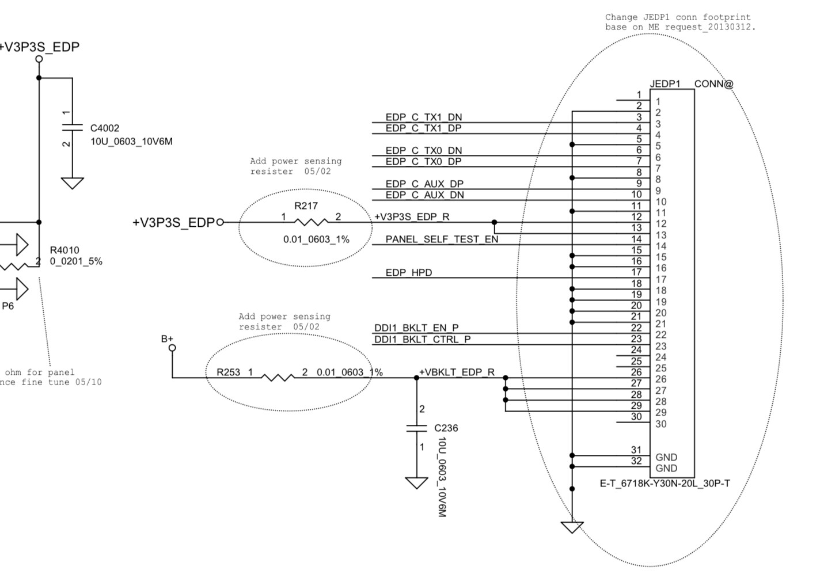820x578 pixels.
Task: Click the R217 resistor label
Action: point(306,206)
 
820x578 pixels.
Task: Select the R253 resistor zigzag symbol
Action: point(278,378)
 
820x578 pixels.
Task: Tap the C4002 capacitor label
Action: point(105,128)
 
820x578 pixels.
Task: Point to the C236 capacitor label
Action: point(446,428)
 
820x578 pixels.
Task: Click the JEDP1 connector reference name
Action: point(665,84)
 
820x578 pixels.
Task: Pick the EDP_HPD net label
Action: point(409,272)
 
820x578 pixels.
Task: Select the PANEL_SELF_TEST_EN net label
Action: point(442,239)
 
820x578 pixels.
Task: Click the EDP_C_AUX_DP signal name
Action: point(424,184)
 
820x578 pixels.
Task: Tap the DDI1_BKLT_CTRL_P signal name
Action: point(423,339)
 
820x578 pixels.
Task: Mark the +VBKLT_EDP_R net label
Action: point(457,372)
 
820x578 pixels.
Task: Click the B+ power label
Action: point(168,339)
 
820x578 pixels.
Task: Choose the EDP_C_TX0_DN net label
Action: point(424,150)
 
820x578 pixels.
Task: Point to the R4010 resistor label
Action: point(64,250)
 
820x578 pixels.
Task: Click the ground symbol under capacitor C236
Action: point(416,482)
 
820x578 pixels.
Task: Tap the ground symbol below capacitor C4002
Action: point(73,183)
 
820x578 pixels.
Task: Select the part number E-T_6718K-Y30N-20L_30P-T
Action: point(665,483)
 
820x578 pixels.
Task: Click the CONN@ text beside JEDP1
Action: point(714,84)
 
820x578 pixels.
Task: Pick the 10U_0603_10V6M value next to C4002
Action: point(131,141)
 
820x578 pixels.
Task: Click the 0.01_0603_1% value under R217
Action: point(316,239)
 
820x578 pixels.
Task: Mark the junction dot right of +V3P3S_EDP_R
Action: point(494,222)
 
